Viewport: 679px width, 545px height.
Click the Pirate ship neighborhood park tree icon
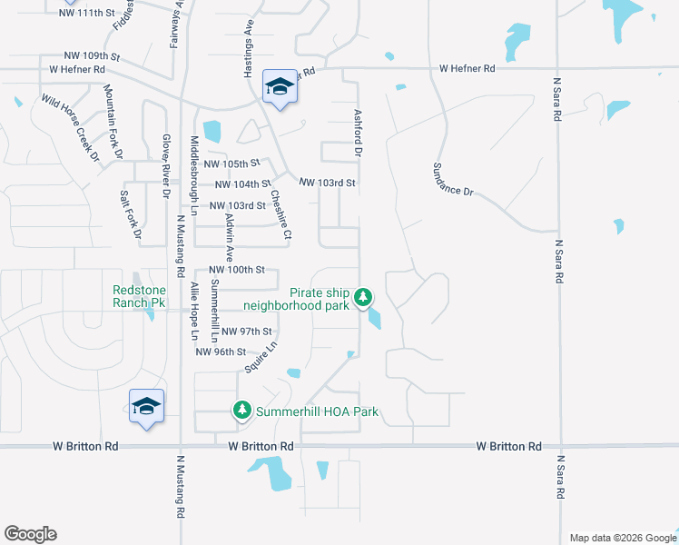point(363,296)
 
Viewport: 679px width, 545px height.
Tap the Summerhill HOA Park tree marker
point(242,411)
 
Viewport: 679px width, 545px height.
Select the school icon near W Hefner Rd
point(279,88)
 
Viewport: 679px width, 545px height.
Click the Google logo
point(30,534)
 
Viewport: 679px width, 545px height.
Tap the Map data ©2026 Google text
point(622,538)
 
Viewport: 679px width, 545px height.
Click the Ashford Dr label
point(357,132)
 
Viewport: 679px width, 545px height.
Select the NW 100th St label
point(236,270)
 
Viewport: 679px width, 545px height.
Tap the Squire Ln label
point(261,357)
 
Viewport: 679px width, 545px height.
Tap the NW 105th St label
point(231,163)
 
